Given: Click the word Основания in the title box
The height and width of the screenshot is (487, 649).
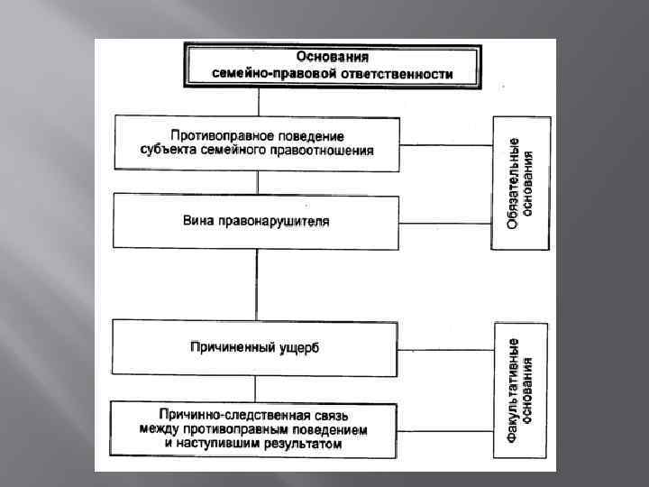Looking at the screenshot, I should [333, 56].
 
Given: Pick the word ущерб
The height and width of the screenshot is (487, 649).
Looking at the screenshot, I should [299, 346].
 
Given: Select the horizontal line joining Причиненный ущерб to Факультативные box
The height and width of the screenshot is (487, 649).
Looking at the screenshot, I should [445, 348].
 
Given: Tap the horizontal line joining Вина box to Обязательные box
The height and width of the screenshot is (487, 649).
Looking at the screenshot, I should [445, 222].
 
